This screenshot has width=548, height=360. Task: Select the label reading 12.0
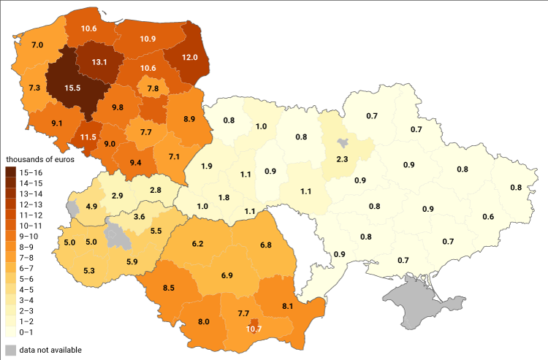pos(190,58)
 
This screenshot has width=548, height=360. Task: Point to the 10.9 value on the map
pos(148,38)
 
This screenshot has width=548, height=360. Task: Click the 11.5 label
pos(88,137)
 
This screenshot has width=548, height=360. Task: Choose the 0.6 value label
pos(488,216)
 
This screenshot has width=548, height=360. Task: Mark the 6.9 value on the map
pos(227,275)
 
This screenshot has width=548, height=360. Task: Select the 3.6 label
pos(139,217)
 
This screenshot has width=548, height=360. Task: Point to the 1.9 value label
pos(206,166)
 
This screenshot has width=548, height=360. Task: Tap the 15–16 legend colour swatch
pos(12,172)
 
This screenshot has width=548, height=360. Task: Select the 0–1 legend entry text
pos(34,332)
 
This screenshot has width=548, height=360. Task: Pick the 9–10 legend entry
pos(34,236)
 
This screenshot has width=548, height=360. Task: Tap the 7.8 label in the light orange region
pos(153,88)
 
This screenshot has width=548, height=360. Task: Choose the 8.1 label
pos(287,305)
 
